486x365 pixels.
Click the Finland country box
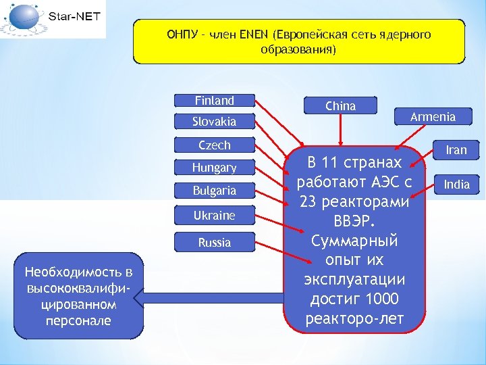[x=214, y=101]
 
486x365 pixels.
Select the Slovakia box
[x=214, y=122]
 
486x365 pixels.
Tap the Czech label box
[x=214, y=145]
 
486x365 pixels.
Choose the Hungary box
[x=214, y=167]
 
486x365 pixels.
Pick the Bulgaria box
[x=214, y=190]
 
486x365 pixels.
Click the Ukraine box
[x=214, y=216]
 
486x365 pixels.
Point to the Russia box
[x=214, y=242]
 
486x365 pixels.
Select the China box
[x=340, y=105]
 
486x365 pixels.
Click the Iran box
[x=456, y=150]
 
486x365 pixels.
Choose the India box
[x=456, y=184]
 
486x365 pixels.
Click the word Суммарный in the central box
[x=354, y=241]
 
